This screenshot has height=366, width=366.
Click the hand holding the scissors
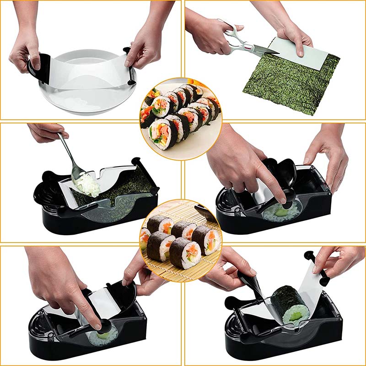click(x=208, y=34)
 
